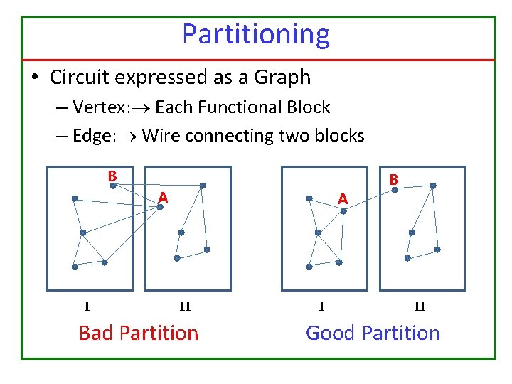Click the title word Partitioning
256,34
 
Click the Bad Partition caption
139,333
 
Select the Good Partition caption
373,333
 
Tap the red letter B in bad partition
112,176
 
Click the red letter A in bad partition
163,196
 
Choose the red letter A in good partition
343,199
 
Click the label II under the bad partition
185,307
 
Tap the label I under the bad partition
87,307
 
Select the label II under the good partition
420,307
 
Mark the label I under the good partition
321,307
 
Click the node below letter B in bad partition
112,186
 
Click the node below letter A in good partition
343,210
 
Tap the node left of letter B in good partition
395,190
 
